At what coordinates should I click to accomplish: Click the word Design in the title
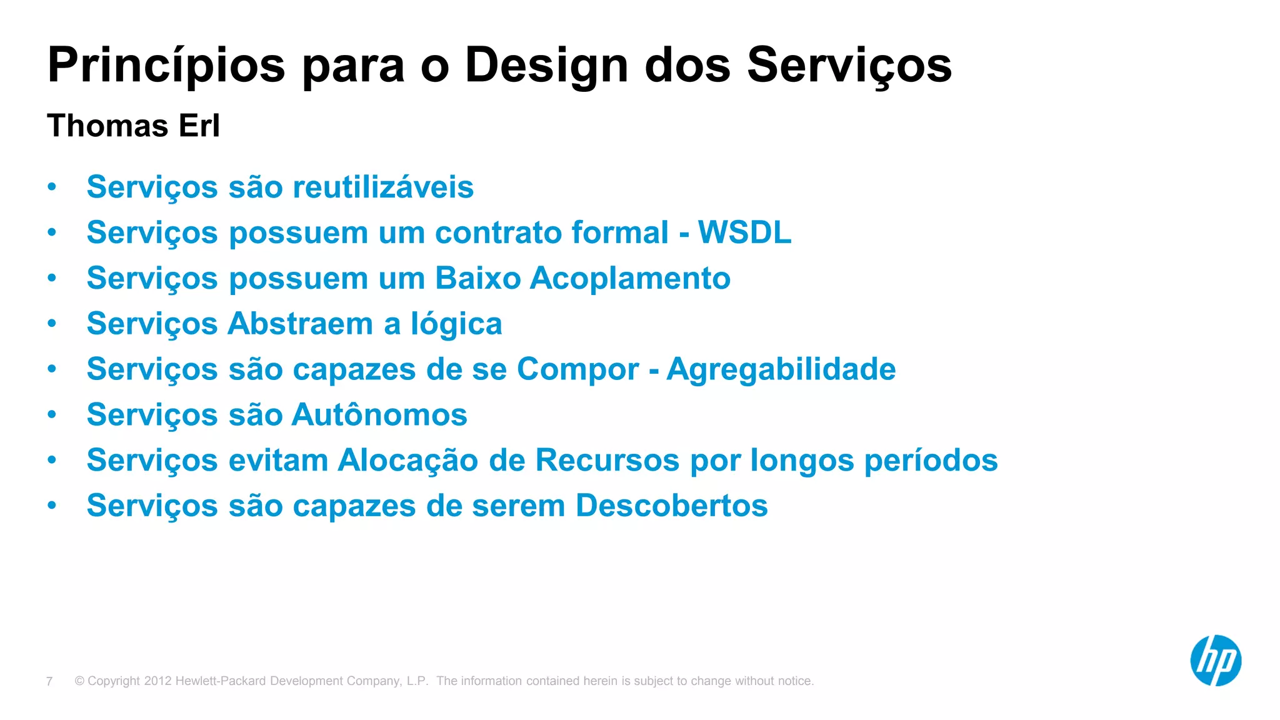[x=546, y=66]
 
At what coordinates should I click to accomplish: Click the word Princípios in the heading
[x=166, y=66]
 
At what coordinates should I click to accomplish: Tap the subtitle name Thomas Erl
[x=133, y=126]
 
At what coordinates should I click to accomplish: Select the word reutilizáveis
[x=382, y=187]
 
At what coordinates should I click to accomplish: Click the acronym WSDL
[x=744, y=232]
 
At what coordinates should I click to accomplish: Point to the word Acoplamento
[x=630, y=278]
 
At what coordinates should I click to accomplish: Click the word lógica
[x=456, y=324]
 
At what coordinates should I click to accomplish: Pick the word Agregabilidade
[x=781, y=369]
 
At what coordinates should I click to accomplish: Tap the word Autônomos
[x=379, y=415]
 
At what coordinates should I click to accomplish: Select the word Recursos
[x=607, y=461]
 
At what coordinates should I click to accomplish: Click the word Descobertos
[x=671, y=506]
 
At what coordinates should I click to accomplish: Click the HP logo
[x=1215, y=661]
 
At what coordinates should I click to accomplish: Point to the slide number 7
[x=49, y=681]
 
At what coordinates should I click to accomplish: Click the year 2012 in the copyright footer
[x=157, y=681]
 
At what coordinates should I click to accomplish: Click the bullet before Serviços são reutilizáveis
[x=52, y=186]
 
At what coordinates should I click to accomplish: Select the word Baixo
[x=477, y=278]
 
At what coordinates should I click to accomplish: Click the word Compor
[x=577, y=369]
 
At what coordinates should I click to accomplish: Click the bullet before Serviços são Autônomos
[x=52, y=414]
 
